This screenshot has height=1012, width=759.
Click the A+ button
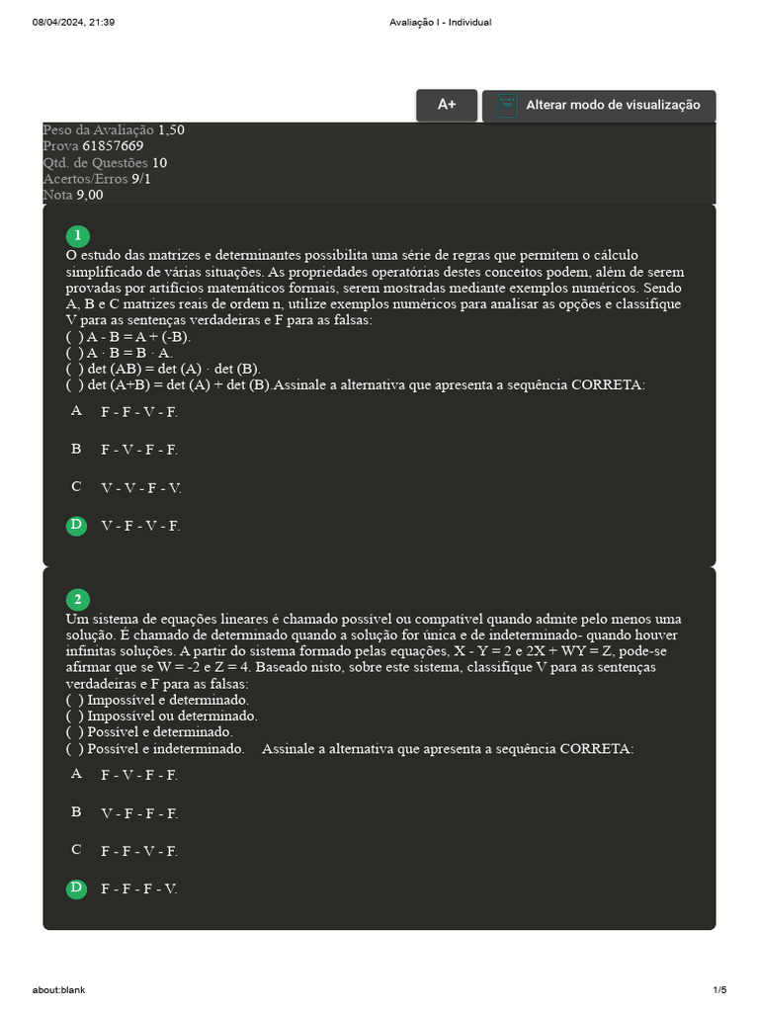(447, 105)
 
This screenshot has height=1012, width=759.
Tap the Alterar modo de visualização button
(599, 105)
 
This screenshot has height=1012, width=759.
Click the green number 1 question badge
(76, 236)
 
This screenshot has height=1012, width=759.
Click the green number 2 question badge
(76, 600)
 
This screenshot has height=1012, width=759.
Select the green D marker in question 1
(76, 525)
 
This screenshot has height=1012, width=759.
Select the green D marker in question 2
(76, 888)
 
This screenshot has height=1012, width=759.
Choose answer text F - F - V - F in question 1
(139, 412)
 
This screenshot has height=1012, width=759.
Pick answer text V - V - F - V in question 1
(141, 488)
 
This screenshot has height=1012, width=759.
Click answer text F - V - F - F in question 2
(139, 776)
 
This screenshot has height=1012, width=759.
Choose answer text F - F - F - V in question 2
(139, 889)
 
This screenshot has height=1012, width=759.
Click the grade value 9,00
(90, 195)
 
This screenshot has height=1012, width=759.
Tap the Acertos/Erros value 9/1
(141, 179)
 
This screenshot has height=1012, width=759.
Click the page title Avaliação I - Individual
(441, 23)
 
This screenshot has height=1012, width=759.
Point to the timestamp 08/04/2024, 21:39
(74, 23)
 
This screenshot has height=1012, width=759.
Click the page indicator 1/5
(719, 990)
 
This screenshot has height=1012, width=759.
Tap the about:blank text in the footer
(58, 990)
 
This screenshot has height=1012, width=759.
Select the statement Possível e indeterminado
(155, 749)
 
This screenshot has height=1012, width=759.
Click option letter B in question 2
(76, 812)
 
